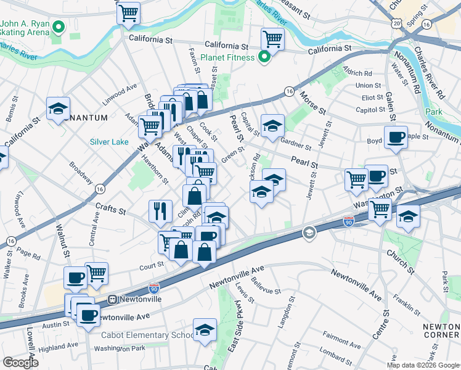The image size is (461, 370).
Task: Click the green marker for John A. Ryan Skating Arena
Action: (x=59, y=27)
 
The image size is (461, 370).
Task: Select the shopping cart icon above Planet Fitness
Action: (x=272, y=39)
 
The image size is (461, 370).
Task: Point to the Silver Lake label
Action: (x=109, y=142)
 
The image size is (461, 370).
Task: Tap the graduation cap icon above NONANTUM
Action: (x=58, y=109)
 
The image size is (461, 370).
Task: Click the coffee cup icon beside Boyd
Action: (x=395, y=137)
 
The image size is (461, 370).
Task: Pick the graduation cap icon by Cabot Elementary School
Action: (x=205, y=329)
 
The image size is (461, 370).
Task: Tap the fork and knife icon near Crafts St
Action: (x=160, y=211)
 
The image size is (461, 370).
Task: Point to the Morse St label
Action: (x=313, y=102)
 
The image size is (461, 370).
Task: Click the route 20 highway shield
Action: (x=396, y=23)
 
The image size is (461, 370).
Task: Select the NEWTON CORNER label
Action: (x=441, y=331)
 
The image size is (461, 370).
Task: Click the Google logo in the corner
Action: (x=20, y=363)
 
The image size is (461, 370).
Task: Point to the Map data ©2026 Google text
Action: (x=423, y=365)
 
